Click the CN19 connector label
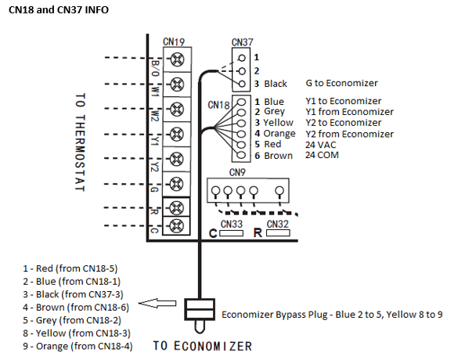click(174, 41)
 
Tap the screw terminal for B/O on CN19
click(177, 59)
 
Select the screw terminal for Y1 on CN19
click(177, 134)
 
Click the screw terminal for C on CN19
click(176, 225)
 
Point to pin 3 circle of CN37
click(242, 84)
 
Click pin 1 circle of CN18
click(241, 102)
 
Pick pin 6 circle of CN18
click(241, 155)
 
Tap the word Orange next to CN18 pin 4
click(279, 133)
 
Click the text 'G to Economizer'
click(342, 83)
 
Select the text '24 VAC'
click(321, 145)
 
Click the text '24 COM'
click(323, 155)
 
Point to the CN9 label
click(237, 172)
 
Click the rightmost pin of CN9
click(279, 191)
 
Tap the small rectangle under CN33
click(231, 233)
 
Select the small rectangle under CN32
click(278, 232)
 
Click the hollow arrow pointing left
click(157, 303)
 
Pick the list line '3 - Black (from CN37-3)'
click(73, 294)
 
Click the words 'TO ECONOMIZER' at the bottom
click(203, 346)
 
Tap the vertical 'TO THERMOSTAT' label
click(80, 142)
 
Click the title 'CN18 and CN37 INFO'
click(59, 10)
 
